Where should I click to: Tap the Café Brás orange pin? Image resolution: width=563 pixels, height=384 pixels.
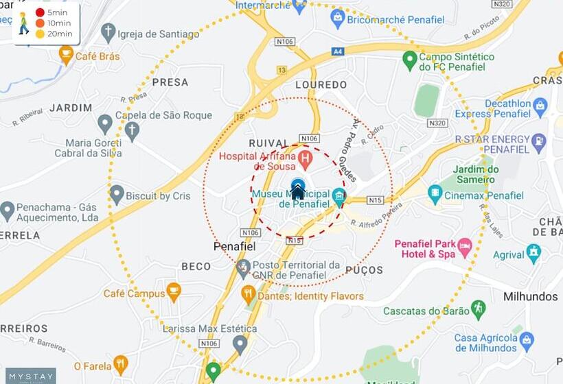click(x=66, y=53)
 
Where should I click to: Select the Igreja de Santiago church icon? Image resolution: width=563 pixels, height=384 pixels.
click(x=108, y=31)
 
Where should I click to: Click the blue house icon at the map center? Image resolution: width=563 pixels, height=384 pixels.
click(x=297, y=190)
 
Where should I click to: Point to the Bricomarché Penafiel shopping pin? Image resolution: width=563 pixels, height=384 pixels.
click(x=337, y=18)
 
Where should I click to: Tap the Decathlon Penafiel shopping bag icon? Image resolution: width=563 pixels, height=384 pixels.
click(x=540, y=106)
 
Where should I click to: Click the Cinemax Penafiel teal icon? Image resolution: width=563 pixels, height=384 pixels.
click(x=435, y=194)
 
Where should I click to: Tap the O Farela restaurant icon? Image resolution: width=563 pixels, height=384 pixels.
click(x=121, y=363)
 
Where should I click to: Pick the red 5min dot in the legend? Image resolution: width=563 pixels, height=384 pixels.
click(x=40, y=13)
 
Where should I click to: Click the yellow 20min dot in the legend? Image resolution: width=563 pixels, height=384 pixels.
click(x=40, y=34)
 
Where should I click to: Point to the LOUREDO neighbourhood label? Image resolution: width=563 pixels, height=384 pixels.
click(x=321, y=85)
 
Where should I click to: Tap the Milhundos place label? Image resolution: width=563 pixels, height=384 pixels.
click(x=531, y=297)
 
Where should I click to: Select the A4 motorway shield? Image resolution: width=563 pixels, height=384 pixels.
click(x=337, y=51)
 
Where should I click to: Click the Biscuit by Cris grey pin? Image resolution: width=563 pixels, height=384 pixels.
click(x=117, y=194)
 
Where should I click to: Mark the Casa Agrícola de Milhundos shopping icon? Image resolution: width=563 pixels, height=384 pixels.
click(x=527, y=339)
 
